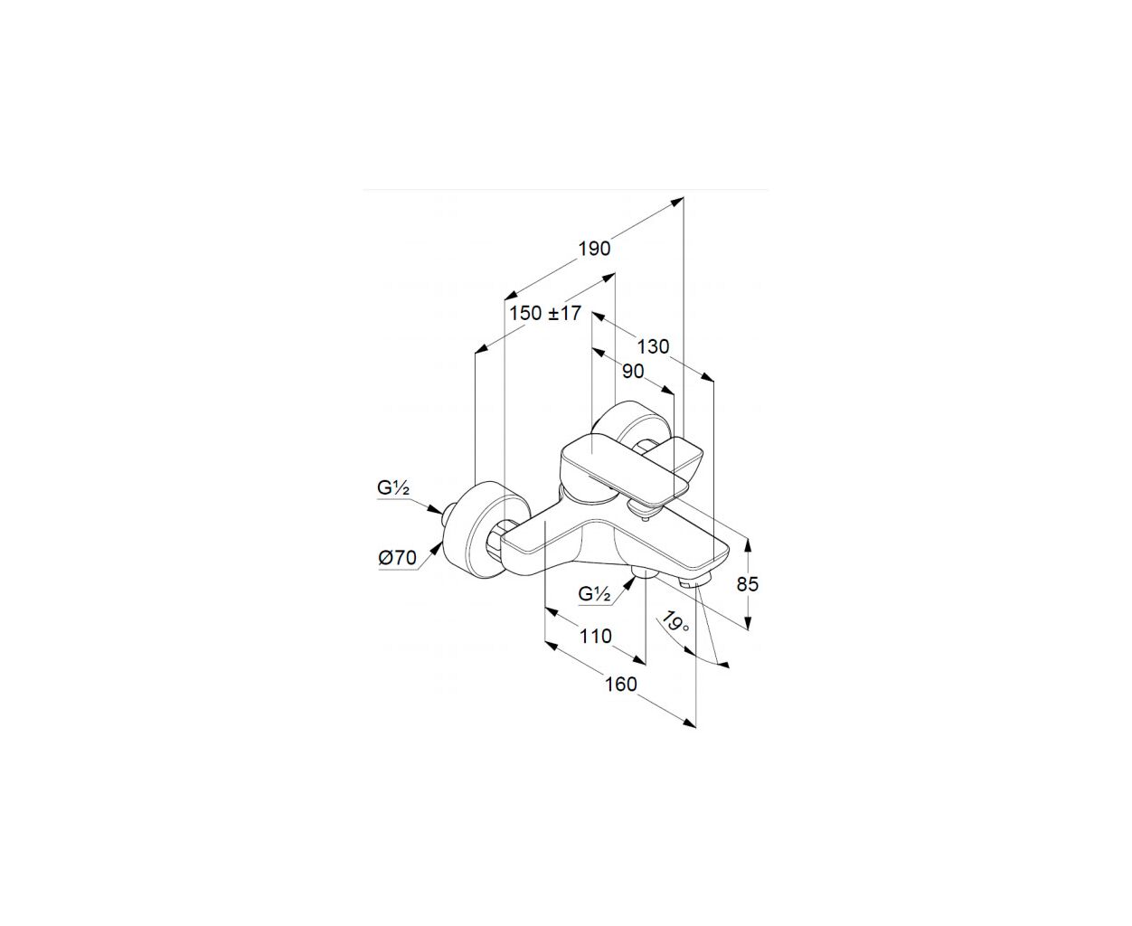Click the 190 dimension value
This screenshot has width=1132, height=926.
click(594, 249)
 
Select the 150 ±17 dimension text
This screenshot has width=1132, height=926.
click(545, 313)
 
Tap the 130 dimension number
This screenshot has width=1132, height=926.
click(653, 346)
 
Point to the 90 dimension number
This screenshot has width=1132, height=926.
click(633, 371)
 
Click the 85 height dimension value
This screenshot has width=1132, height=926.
click(748, 584)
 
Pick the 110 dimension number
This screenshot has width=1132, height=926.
click(596, 636)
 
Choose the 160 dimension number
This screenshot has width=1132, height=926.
click(621, 685)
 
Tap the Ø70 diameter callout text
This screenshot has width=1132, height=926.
click(397, 558)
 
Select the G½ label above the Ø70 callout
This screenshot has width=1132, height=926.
click(393, 488)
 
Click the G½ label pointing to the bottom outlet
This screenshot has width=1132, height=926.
click(594, 594)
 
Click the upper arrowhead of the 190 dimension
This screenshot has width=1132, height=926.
click(679, 201)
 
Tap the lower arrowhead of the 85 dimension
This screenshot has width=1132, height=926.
click(749, 623)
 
